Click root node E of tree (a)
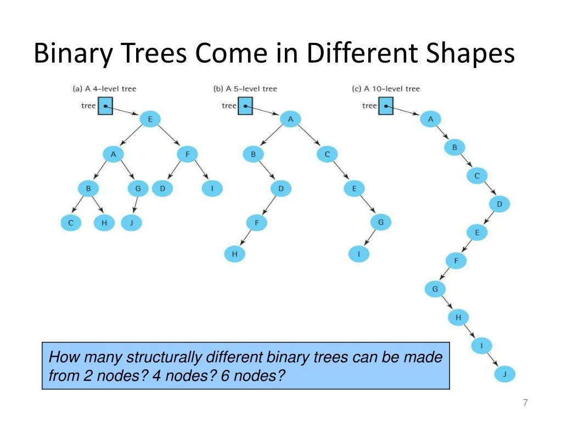coord(150,119)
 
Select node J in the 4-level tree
coord(132,223)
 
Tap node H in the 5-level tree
coord(235,254)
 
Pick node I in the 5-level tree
coord(359,254)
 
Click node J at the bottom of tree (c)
coord(505,374)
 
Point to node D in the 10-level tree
coord(499,204)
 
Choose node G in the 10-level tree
coord(435,289)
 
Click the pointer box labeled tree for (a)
coord(105,106)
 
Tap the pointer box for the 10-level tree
coord(386,106)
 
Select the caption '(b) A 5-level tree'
coord(245,88)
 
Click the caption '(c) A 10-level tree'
coord(386,88)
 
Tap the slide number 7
coord(525,403)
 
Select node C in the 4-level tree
coord(71,223)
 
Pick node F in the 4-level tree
coord(188,154)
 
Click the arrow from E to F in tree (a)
coord(168,135)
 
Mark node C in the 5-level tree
coord(327,154)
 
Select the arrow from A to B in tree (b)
coord(271,135)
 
